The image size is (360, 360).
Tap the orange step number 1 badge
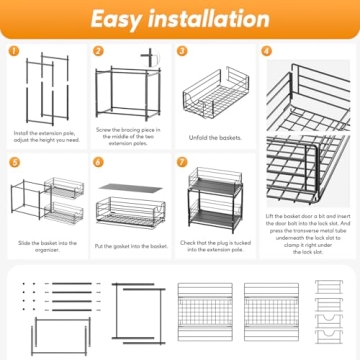(14, 50)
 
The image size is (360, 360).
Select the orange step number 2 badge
(99, 50)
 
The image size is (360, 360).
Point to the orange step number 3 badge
(183, 50)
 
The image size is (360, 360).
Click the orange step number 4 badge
(266, 50)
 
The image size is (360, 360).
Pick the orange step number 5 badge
(14, 160)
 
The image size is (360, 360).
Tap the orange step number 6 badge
(99, 160)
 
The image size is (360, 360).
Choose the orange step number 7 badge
(183, 160)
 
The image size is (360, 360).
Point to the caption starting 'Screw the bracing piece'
(130, 136)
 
